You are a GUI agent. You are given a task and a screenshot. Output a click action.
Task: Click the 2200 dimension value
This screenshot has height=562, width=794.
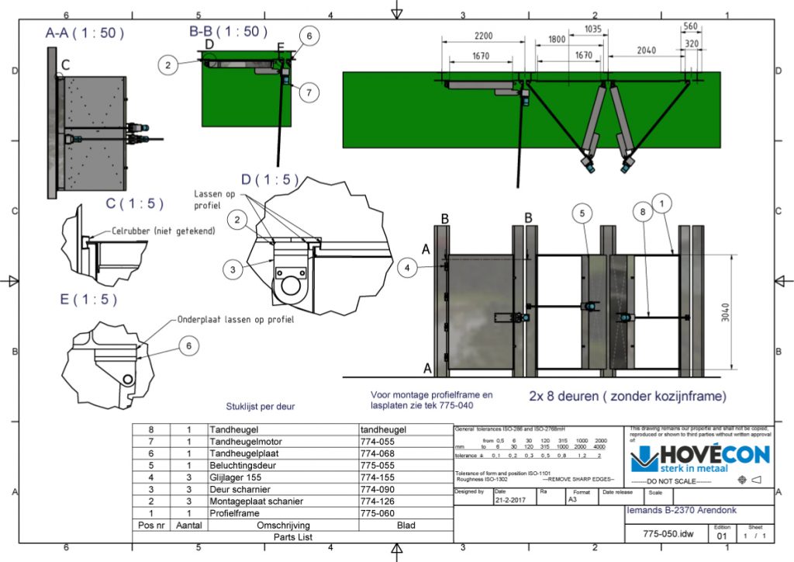click(483, 37)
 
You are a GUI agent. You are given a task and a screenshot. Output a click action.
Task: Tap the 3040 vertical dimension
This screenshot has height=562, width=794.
click(742, 313)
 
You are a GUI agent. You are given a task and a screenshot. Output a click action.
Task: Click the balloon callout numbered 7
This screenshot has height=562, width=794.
click(309, 92)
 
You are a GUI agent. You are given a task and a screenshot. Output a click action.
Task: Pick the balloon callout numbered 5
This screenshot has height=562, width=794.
click(583, 210)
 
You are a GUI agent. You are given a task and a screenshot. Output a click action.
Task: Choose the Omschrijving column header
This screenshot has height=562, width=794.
click(282, 526)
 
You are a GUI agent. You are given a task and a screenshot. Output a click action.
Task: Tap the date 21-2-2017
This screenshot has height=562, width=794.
click(510, 501)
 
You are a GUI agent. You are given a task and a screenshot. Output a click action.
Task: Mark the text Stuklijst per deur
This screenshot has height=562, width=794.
click(255, 405)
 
